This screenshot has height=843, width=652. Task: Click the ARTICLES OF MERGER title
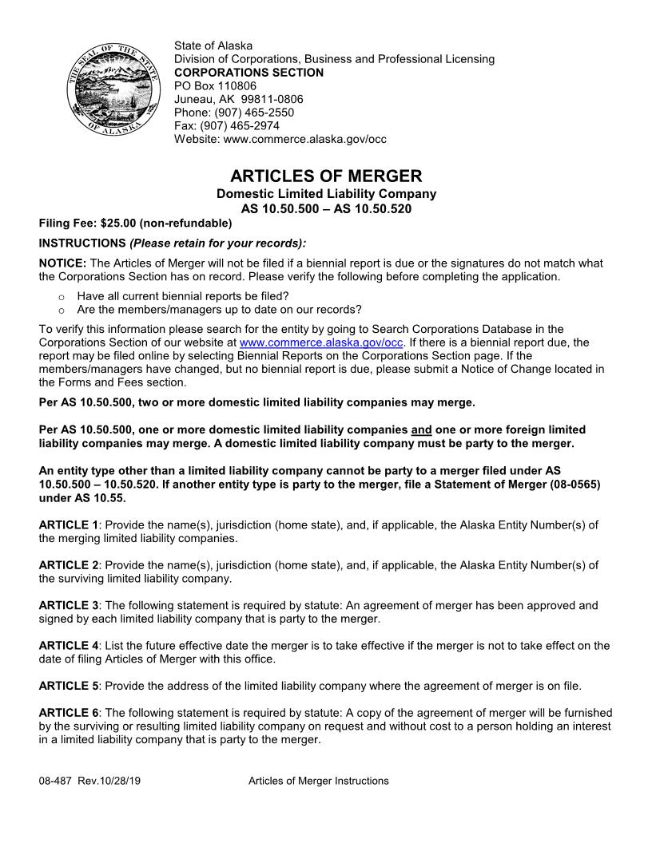326,176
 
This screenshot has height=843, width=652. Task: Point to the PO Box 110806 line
215,86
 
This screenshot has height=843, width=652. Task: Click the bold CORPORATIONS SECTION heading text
248,73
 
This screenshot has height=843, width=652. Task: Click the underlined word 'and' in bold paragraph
420,429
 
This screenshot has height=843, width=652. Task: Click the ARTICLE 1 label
69,524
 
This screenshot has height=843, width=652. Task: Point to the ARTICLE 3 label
69,606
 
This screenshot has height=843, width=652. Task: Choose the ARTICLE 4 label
69,646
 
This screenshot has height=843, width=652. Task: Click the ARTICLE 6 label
69,713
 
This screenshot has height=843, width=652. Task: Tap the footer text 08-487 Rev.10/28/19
89,781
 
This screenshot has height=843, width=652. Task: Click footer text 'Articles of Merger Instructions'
318,781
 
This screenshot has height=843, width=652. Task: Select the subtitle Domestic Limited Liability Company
326,194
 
